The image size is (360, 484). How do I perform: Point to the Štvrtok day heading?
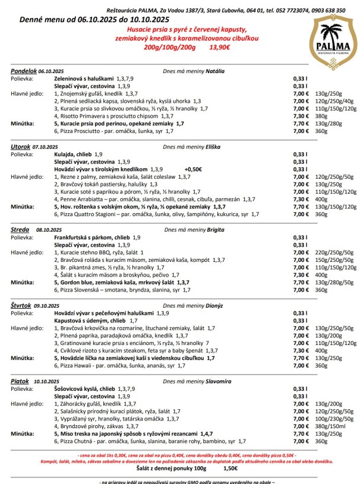tap(22, 304)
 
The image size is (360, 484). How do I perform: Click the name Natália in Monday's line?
tap(215, 71)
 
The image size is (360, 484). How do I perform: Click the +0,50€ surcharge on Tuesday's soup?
tap(193, 168)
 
